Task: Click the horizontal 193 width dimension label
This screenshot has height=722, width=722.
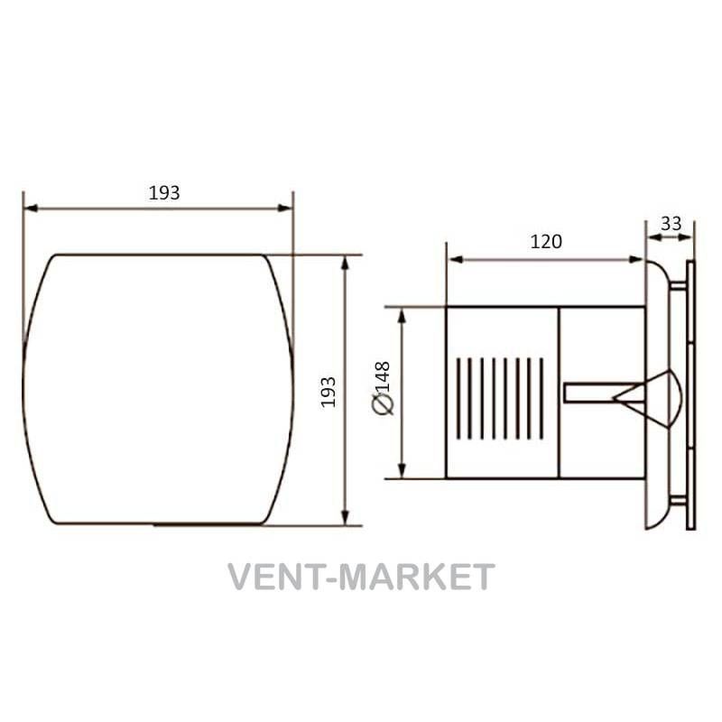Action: (x=164, y=193)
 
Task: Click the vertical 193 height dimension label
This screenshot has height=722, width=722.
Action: (x=329, y=392)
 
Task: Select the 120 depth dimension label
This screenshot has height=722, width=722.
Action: (x=546, y=242)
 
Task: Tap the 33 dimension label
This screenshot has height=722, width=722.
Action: (x=671, y=224)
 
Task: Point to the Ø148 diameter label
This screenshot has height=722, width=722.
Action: (x=382, y=388)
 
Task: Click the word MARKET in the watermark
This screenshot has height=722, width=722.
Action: (x=417, y=577)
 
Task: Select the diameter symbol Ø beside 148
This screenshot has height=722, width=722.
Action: (x=384, y=405)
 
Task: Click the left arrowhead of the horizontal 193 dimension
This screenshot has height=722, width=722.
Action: (x=31, y=208)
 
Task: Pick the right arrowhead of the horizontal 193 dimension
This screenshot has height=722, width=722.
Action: (x=285, y=208)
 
